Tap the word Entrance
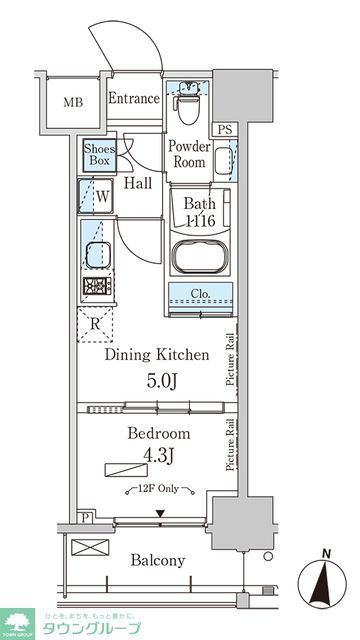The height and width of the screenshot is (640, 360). pyautogui.click(x=133, y=98)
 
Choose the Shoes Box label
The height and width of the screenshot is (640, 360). pyautogui.click(x=99, y=155)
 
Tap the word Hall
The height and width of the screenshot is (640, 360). pyautogui.click(x=139, y=183)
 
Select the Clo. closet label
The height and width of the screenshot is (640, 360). pyautogui.click(x=200, y=294)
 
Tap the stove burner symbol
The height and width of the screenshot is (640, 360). pyautogui.click(x=98, y=288)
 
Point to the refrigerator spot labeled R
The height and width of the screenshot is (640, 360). pyautogui.click(x=95, y=323)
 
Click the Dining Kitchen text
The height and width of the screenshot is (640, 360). pyautogui.click(x=158, y=354)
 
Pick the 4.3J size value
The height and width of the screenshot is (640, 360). pyautogui.click(x=158, y=459)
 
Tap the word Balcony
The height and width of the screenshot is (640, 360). pyautogui.click(x=157, y=560)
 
